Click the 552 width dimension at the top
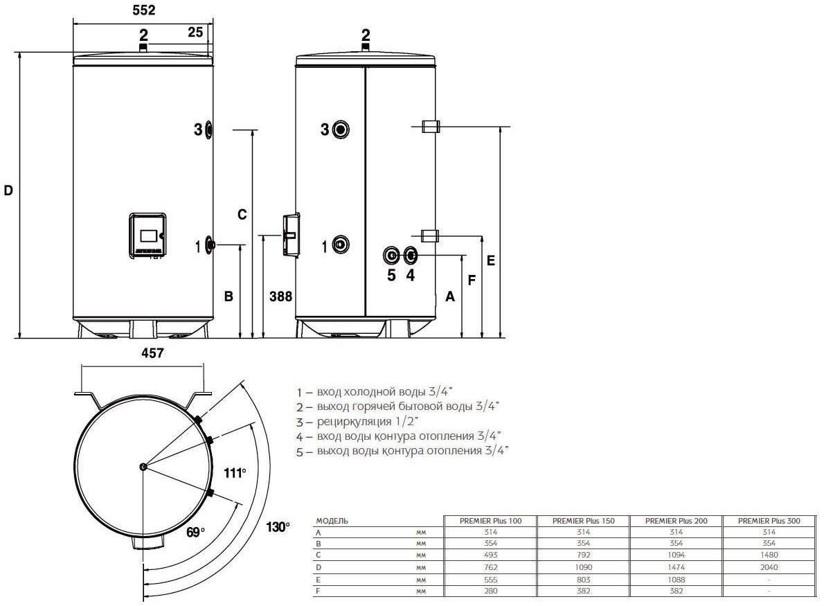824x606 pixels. [x=143, y=10]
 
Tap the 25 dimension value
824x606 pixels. [x=195, y=32]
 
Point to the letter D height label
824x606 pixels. [x=8, y=190]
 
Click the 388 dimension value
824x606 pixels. [x=280, y=296]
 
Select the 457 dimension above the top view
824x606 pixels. [x=152, y=353]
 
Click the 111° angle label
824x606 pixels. [x=235, y=473]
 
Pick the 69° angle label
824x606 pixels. [x=195, y=532]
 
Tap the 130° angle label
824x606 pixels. [x=278, y=526]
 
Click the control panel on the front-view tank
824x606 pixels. [x=147, y=235]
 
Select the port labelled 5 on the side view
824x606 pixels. [x=391, y=256]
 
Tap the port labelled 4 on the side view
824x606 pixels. [x=411, y=256]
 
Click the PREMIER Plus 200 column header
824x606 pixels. [x=677, y=521]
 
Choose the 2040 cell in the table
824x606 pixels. [x=769, y=567]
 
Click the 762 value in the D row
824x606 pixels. [x=491, y=567]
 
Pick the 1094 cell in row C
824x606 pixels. [x=677, y=555]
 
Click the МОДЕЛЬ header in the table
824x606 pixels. [x=332, y=521]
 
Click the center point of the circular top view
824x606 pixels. [x=143, y=466]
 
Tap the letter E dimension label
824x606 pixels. [x=491, y=260]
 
